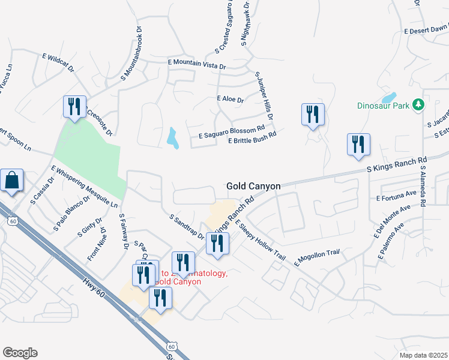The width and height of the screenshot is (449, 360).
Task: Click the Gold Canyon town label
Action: click(x=253, y=187)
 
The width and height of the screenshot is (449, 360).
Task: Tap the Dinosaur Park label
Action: click(x=382, y=106)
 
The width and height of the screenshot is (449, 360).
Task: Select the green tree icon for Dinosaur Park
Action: click(x=419, y=106)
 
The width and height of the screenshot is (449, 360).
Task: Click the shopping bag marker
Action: click(x=12, y=180)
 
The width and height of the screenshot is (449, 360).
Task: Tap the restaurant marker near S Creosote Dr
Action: click(x=74, y=107)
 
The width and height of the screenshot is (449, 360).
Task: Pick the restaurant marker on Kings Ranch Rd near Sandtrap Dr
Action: click(x=217, y=244)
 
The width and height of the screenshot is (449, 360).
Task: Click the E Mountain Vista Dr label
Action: click(x=197, y=63)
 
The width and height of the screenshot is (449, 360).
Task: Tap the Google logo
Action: click(x=20, y=353)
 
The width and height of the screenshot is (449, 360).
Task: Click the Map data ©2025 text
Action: click(x=423, y=355)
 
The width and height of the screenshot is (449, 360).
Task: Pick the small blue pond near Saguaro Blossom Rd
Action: click(x=173, y=139)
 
